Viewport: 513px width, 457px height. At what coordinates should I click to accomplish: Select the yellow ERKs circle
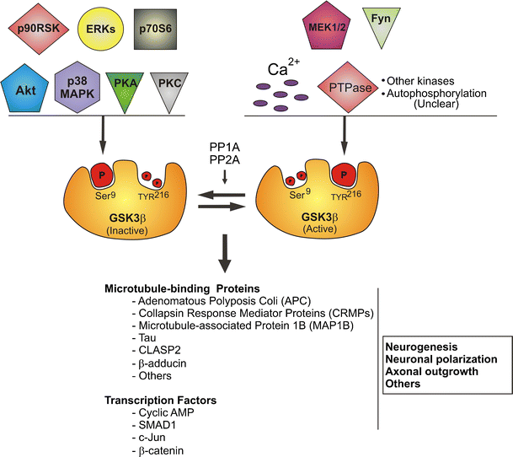[x=99, y=29]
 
